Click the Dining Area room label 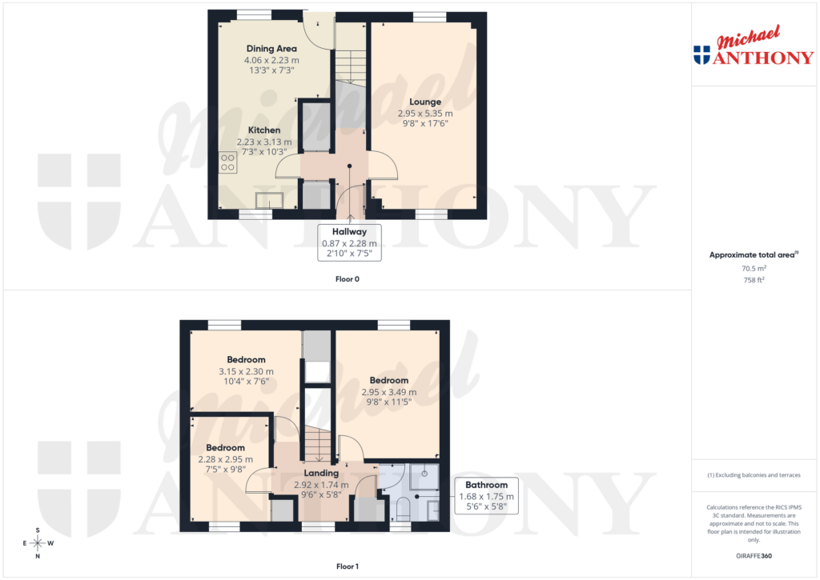click(x=271, y=49)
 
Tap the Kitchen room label click(x=264, y=130)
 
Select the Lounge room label click(x=425, y=102)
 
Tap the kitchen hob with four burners click(x=228, y=162)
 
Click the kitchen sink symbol click(x=269, y=200)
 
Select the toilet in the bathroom click(x=403, y=507)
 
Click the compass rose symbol click(x=38, y=543)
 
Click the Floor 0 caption click(x=348, y=280)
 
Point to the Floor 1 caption click(x=348, y=567)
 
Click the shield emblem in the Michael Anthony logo click(x=701, y=54)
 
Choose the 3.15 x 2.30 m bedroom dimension click(x=246, y=372)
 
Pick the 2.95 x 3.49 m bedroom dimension click(x=389, y=392)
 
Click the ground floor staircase click(x=348, y=64)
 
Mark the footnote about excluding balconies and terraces click(x=754, y=475)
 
